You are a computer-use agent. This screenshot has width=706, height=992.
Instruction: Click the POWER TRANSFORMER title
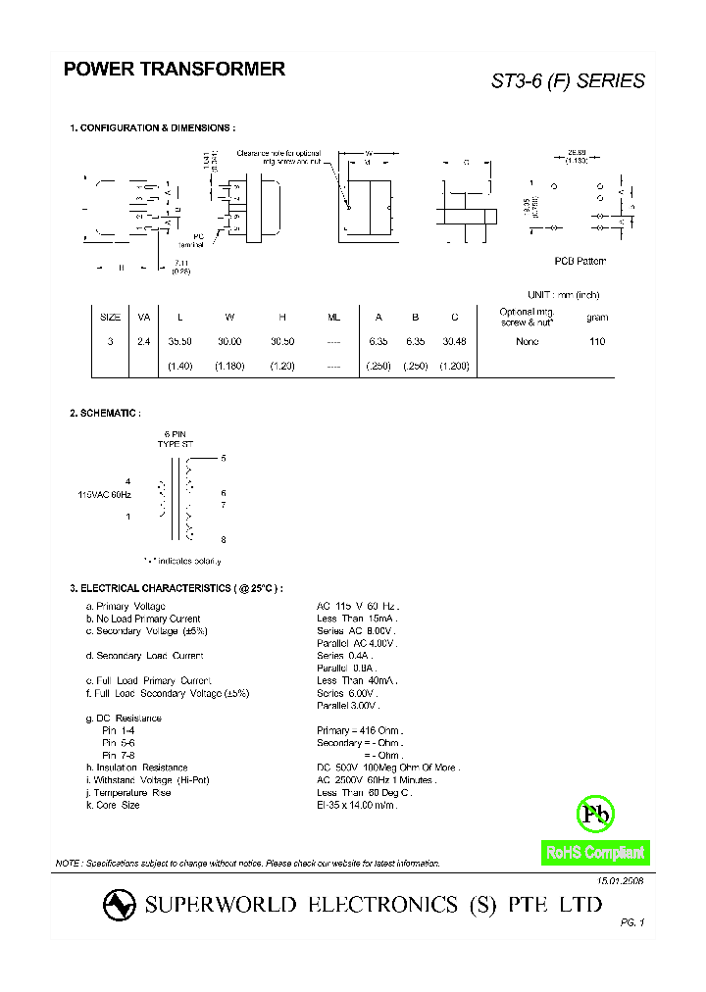[175, 70]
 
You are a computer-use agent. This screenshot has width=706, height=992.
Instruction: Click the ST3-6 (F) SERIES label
[568, 81]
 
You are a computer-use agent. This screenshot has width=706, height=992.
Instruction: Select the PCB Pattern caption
[580, 261]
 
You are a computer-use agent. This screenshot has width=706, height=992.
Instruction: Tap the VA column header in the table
[144, 317]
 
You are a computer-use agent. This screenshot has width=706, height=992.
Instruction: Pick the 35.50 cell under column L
[179, 341]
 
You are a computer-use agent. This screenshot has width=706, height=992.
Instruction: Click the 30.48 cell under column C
[455, 341]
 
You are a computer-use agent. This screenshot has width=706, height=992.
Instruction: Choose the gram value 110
[597, 341]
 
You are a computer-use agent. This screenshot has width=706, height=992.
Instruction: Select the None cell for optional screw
[528, 341]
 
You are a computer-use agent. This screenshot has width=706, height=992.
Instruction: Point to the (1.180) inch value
[229, 366]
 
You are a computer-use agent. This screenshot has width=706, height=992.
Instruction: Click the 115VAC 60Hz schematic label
[105, 496]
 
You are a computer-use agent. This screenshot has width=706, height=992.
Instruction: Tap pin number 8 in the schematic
[224, 540]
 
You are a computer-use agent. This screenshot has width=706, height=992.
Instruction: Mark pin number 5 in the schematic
[224, 459]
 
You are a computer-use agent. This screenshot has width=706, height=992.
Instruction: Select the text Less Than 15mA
[356, 620]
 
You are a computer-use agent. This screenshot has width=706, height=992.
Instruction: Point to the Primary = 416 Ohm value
[360, 731]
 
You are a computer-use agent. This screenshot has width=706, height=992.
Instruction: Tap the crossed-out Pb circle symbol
[595, 814]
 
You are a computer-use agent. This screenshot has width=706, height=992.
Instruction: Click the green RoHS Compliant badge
[595, 853]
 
